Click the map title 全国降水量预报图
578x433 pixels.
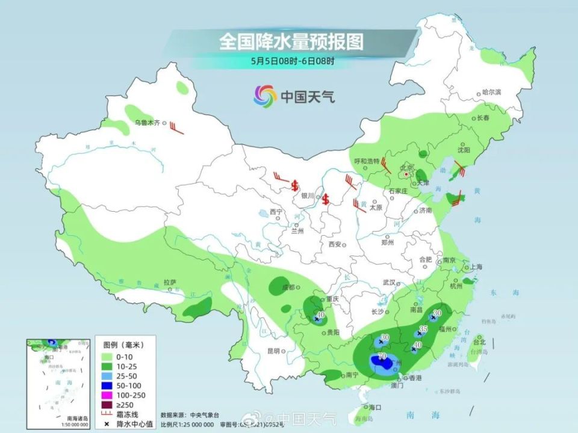(x=291, y=41)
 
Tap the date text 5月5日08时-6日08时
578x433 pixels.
(x=291, y=61)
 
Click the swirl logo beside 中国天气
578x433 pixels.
(x=266, y=95)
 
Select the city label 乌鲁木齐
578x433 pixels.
(x=147, y=123)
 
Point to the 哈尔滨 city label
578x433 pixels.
(x=491, y=92)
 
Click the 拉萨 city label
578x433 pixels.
(x=170, y=281)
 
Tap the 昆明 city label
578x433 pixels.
(x=273, y=351)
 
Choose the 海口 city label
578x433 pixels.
(x=375, y=407)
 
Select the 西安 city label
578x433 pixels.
(x=335, y=244)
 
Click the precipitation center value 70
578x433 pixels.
(x=381, y=357)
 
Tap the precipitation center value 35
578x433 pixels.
(x=423, y=329)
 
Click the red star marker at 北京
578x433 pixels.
(x=406, y=175)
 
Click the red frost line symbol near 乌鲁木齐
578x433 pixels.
(x=175, y=127)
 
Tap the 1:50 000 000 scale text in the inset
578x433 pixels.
(x=72, y=425)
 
